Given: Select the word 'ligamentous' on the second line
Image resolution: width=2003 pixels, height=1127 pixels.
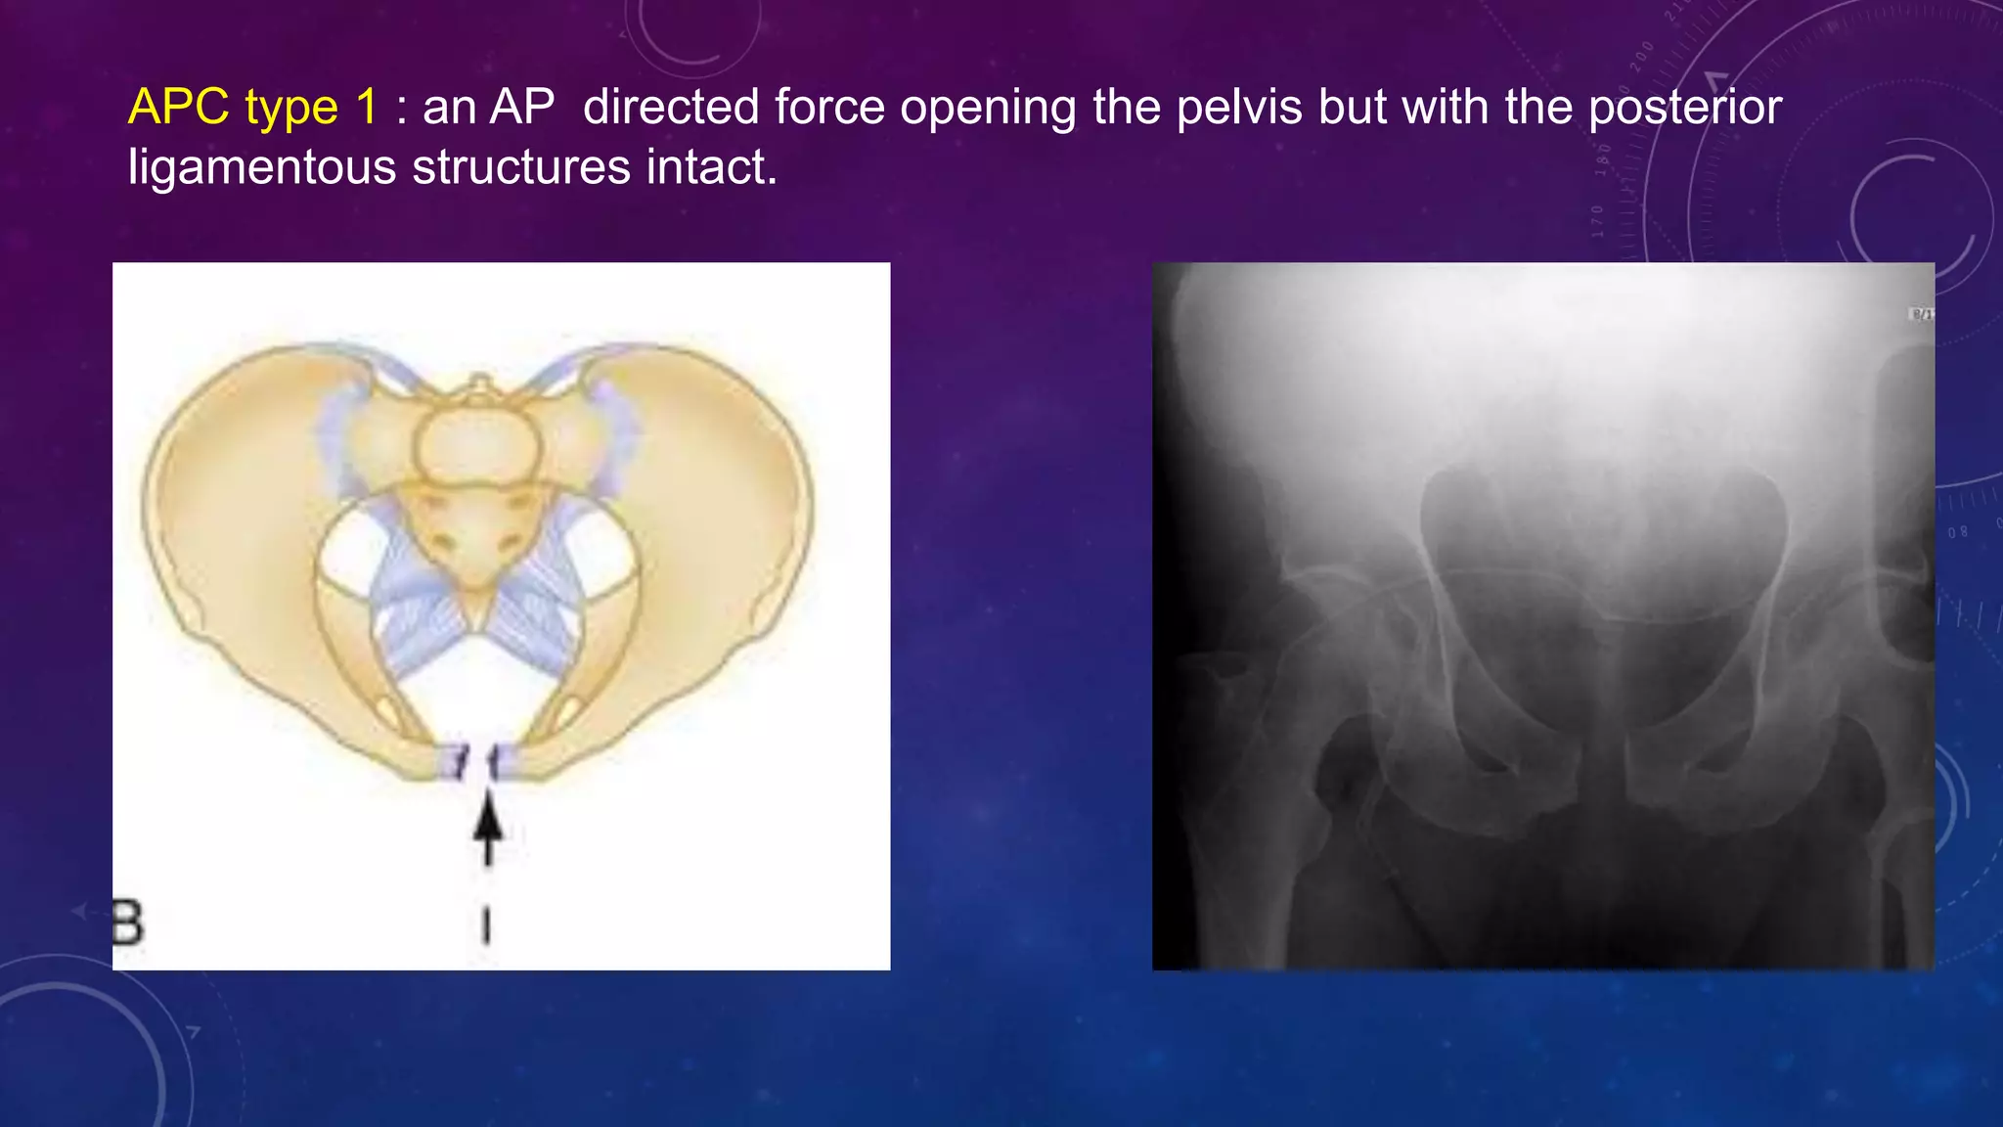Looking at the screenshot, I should pos(261,166).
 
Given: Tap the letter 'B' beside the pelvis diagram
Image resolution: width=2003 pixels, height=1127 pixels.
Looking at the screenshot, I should pos(127,923).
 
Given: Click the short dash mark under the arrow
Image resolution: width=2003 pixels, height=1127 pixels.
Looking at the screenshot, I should pos(486,924).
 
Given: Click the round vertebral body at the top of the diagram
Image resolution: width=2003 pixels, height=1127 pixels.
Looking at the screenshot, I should pos(477,446).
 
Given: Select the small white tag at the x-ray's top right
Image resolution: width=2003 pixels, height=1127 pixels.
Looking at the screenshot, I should pos(1922,314).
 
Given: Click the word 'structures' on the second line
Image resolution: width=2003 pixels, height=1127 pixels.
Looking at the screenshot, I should pos(521,166).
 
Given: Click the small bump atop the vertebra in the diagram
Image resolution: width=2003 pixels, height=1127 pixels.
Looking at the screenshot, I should pos(479,384).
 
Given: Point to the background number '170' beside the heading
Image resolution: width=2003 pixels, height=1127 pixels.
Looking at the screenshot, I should pos(1597,221).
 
